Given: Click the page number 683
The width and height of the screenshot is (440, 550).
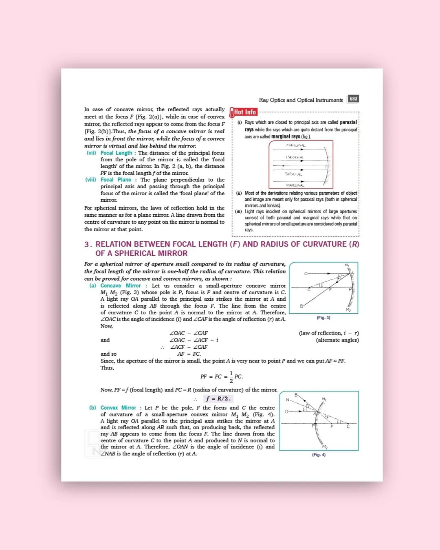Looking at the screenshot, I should (x=353, y=99).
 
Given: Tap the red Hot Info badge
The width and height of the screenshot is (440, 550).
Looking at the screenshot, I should (x=244, y=112).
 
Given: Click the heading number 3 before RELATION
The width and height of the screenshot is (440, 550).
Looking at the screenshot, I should (x=87, y=244).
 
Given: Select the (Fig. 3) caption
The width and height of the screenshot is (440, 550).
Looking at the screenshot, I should (x=323, y=318).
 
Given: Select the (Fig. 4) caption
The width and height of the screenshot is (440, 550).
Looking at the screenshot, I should (x=319, y=455).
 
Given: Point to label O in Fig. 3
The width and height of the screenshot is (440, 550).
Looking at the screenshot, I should (x=306, y=273).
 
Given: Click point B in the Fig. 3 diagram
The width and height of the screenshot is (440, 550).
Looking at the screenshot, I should (x=301, y=306).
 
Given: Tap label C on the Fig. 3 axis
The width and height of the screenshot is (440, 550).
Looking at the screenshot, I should (x=309, y=290).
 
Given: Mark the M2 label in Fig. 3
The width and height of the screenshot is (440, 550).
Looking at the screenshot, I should (x=348, y=310).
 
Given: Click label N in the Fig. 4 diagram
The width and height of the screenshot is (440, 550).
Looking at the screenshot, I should (x=287, y=400).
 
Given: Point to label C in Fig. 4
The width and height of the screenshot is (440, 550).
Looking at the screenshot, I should (x=348, y=427).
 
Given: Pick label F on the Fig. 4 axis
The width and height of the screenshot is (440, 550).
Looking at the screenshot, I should (x=332, y=427).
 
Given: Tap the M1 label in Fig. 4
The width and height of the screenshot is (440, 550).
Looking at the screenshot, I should (x=324, y=399).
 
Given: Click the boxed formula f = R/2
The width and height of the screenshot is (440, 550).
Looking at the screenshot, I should (x=218, y=399).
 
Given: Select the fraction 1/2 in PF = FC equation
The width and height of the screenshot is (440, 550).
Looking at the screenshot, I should (x=231, y=377).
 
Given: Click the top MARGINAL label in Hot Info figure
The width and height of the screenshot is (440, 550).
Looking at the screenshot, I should (x=296, y=145).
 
